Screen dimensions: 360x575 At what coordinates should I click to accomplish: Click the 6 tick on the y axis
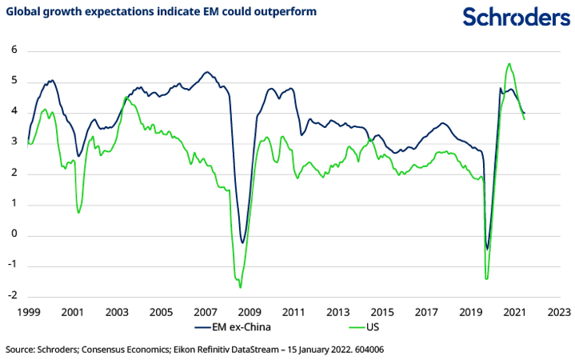[14, 51]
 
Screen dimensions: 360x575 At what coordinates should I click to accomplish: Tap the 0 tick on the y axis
[14, 235]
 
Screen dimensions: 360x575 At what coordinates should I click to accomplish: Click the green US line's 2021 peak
[509, 64]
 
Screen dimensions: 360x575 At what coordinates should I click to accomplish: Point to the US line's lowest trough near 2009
[240, 286]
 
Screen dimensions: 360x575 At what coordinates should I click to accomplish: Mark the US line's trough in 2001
[78, 212]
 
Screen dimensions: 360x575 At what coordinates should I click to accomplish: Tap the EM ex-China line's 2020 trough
[488, 249]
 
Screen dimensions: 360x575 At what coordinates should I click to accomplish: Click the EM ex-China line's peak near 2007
[206, 73]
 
